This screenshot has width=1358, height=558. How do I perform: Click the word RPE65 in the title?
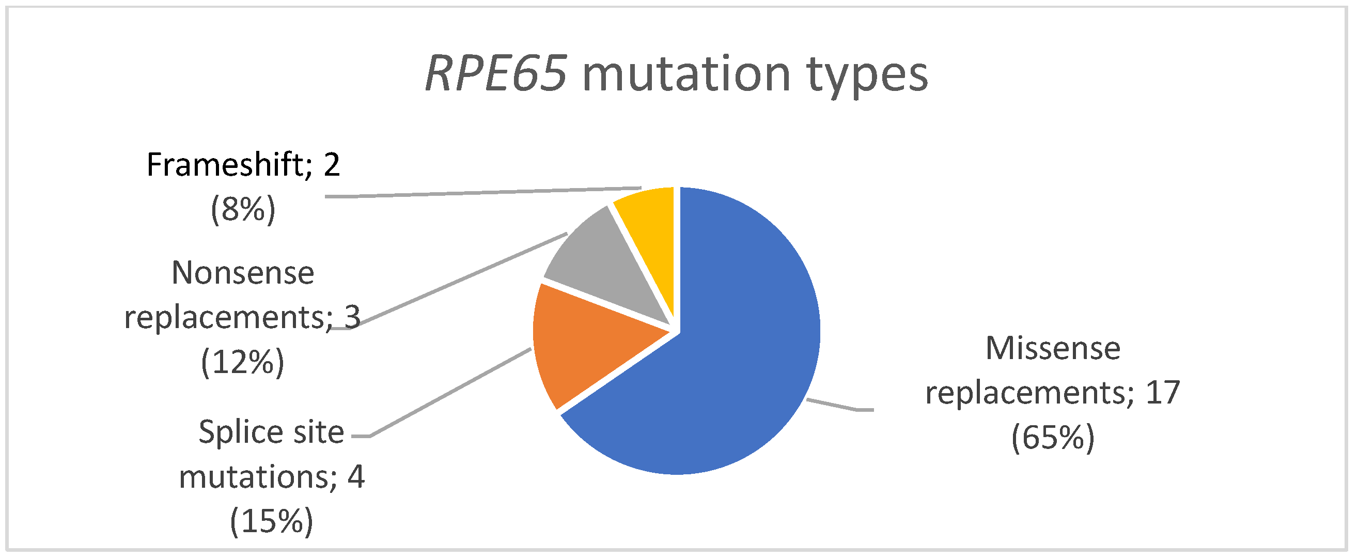coord(495,74)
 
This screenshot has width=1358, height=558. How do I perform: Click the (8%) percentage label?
coord(243,209)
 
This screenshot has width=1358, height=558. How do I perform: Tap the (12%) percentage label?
coord(242,362)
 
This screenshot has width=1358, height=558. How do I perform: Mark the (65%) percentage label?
coord(1053,437)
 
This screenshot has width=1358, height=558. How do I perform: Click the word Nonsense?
coord(243,273)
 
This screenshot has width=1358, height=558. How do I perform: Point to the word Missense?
coord(1053,349)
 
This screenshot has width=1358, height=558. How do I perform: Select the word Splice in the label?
coord(235,432)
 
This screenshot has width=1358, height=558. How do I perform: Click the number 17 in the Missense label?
coord(1162,393)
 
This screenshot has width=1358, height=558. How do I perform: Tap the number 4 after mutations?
coord(356,477)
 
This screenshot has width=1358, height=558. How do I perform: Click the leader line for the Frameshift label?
coord(475,193)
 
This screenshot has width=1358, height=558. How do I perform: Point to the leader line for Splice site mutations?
coord(448,393)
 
